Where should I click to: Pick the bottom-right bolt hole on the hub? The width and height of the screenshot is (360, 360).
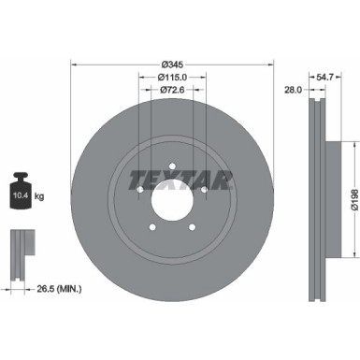(193, 224)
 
